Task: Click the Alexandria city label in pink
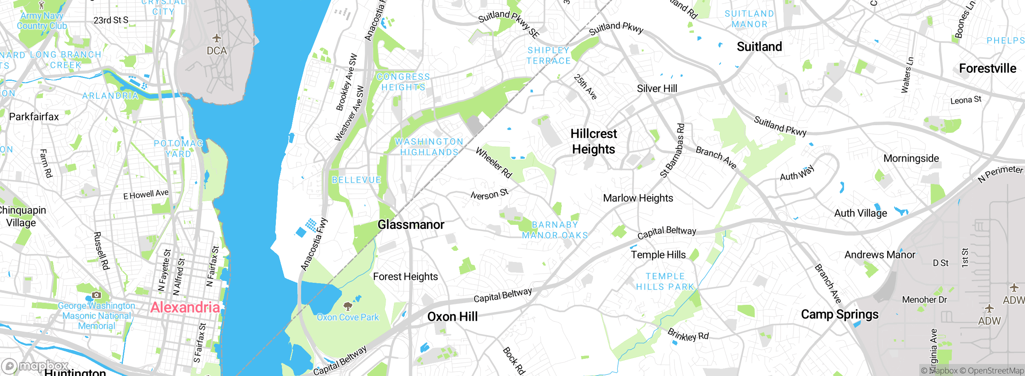(185, 307)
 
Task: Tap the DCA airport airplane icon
(217, 38)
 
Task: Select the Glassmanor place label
(411, 225)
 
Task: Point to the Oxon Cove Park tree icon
(348, 306)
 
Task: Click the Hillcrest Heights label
(594, 141)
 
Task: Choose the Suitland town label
(759, 47)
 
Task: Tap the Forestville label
(987, 68)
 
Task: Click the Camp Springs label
(840, 314)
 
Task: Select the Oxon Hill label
(452, 317)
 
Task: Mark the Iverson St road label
(489, 194)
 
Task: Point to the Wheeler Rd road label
(494, 162)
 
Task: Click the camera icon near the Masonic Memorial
(96, 295)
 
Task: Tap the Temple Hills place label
(658, 255)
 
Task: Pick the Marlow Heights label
(638, 198)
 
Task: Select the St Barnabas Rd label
(673, 151)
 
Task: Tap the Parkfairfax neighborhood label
(34, 117)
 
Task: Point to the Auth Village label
(860, 213)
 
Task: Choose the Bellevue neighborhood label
(356, 180)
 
